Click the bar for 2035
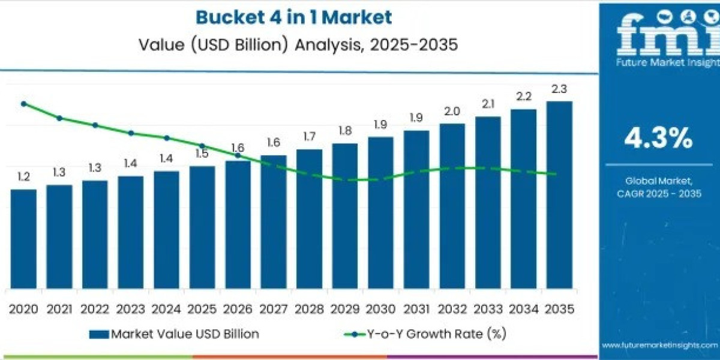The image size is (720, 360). (x=559, y=195)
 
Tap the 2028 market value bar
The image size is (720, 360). (x=309, y=219)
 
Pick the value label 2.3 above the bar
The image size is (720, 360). (x=559, y=89)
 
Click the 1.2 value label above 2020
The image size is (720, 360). (x=23, y=177)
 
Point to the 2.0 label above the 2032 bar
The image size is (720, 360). (x=452, y=111)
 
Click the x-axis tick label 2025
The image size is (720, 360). (x=202, y=309)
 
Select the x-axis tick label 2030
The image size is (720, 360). (x=380, y=309)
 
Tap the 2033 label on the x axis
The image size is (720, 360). (x=488, y=309)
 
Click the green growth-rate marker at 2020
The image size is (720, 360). (x=23, y=104)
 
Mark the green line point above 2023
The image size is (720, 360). (x=131, y=133)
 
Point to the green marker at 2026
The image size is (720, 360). (x=238, y=155)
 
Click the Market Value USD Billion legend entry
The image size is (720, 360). (x=174, y=334)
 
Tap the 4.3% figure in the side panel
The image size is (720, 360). (x=658, y=139)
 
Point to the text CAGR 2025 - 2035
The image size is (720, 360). (x=659, y=193)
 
